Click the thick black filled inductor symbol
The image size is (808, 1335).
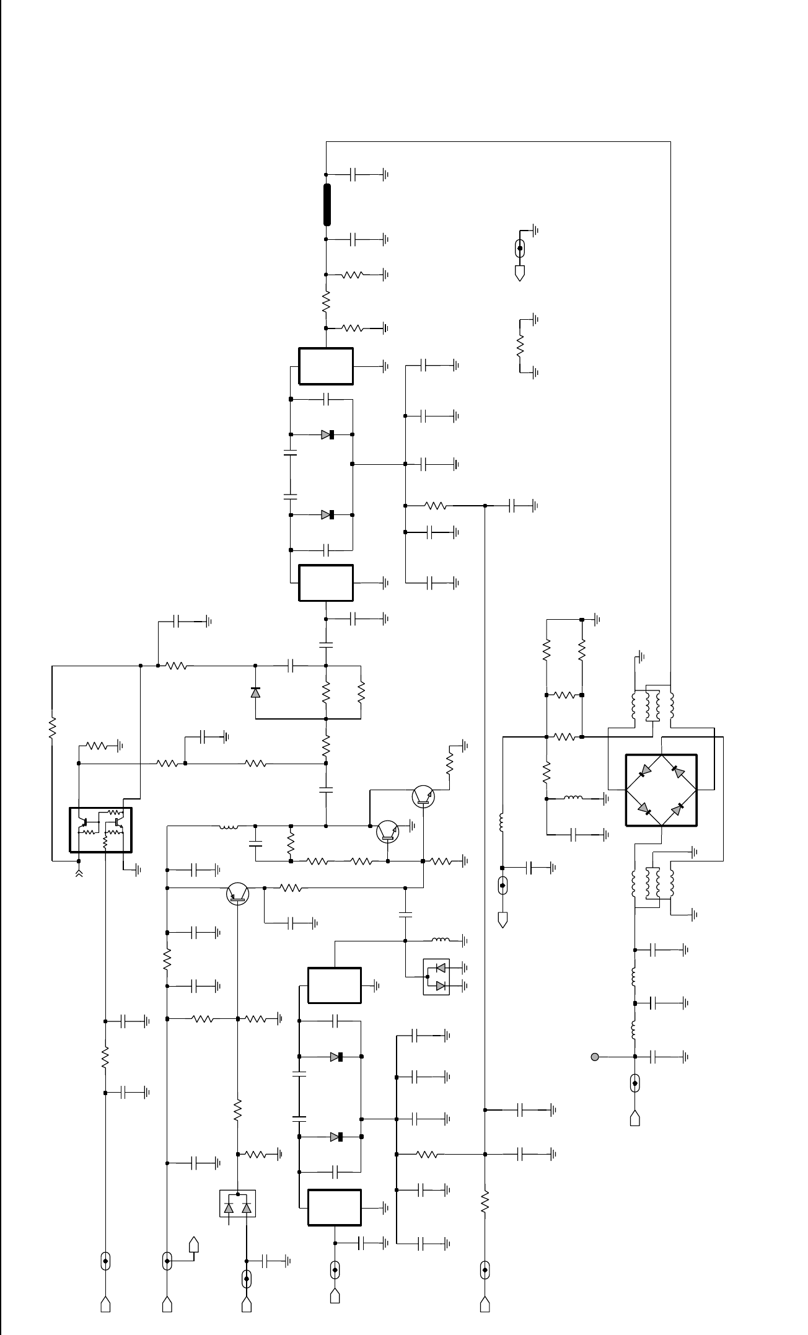point(327,205)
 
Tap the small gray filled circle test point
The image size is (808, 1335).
point(595,1056)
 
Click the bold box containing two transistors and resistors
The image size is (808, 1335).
point(100,830)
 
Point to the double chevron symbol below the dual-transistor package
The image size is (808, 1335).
point(79,874)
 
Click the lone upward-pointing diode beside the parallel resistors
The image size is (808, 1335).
point(255,692)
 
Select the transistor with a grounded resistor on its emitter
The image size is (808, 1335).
point(423,796)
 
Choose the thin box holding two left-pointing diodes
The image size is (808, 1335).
point(436,977)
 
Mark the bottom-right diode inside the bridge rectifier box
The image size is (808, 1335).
point(680,808)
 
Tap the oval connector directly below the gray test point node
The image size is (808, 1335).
point(635,1084)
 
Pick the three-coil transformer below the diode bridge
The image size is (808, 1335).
point(652,883)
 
